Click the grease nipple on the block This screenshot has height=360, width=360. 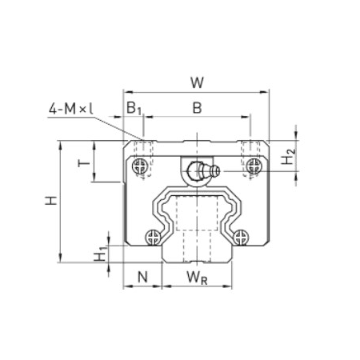pyautogui.click(x=200, y=170)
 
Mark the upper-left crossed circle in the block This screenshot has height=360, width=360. pyautogui.click(x=142, y=166)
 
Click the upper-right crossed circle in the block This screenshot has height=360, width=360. pyautogui.click(x=254, y=166)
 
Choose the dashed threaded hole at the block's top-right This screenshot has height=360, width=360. pyautogui.click(x=251, y=150)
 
